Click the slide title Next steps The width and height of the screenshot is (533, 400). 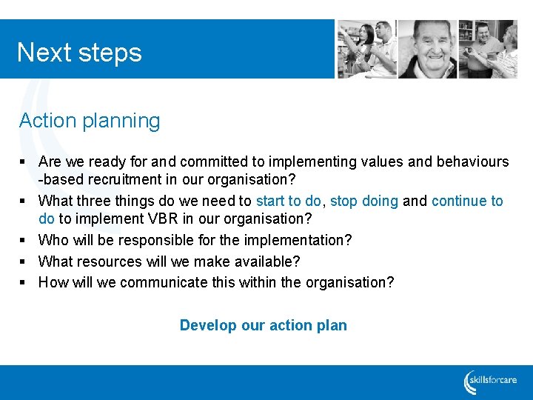pos(79,53)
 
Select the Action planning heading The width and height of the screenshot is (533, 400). pos(90,121)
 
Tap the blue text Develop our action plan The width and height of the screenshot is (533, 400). pos(263,325)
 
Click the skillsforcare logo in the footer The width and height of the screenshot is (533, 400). pos(492,382)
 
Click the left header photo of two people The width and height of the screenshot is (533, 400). pos(366,49)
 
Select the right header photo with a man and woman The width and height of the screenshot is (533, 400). pos(488,49)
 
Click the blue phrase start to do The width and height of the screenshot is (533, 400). pos(288,201)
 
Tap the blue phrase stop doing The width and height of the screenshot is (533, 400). pos(364,201)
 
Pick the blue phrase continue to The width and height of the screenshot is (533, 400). pos(467,201)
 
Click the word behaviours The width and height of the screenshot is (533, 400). pos(471,161)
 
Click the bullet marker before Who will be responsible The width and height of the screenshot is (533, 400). pos(24,241)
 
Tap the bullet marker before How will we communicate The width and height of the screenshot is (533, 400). pos(24,282)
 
